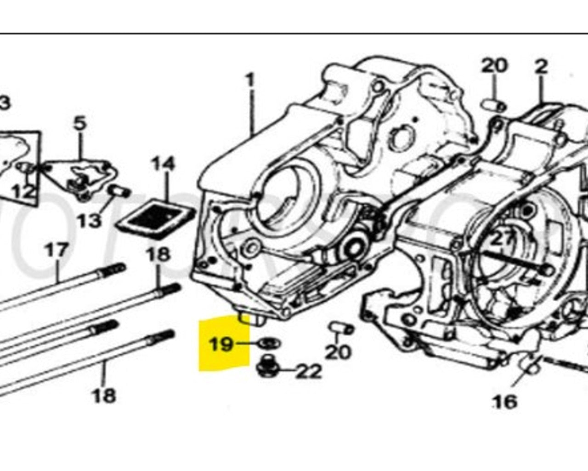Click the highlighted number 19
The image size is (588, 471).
pyautogui.click(x=221, y=344)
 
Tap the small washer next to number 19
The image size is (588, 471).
pyautogui.click(x=270, y=343)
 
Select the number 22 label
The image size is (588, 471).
pyautogui.click(x=307, y=371)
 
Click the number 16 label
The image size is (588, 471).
pyautogui.click(x=504, y=402)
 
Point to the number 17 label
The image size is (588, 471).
pyautogui.click(x=57, y=251)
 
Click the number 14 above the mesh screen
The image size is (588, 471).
pyautogui.click(x=163, y=164)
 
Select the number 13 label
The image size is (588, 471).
pyautogui.click(x=89, y=221)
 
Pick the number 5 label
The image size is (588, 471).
pyautogui.click(x=79, y=123)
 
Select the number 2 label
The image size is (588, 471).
pyautogui.click(x=541, y=67)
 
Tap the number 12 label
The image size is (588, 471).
pyautogui.click(x=23, y=191)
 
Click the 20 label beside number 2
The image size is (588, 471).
pyautogui.click(x=494, y=66)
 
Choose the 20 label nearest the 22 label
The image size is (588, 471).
pyautogui.click(x=338, y=352)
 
